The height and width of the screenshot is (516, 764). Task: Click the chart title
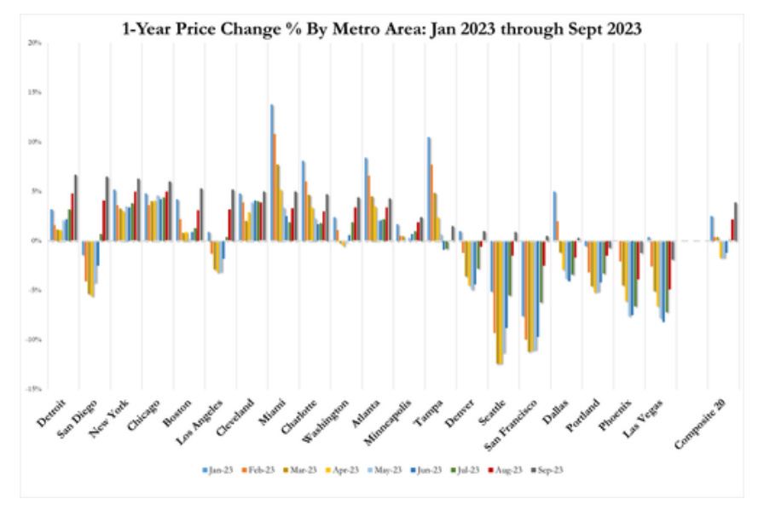click(x=381, y=27)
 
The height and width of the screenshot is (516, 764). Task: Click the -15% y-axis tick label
click(x=33, y=388)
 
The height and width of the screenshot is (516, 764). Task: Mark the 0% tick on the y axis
click(x=36, y=241)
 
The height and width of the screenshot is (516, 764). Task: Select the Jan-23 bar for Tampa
click(x=429, y=188)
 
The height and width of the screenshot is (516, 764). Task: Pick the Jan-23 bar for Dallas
click(x=555, y=216)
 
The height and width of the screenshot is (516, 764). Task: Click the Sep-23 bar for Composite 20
click(x=736, y=221)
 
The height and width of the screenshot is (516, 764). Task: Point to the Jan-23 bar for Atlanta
click(x=366, y=199)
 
